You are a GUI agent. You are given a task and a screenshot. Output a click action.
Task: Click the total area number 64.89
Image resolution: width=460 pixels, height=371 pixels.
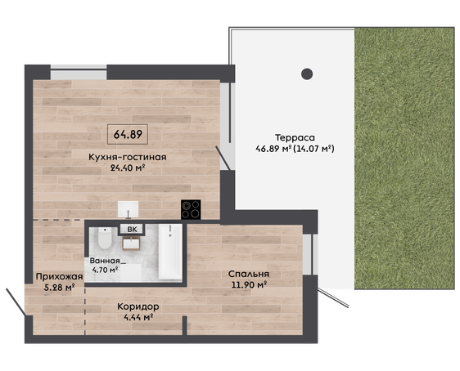128,134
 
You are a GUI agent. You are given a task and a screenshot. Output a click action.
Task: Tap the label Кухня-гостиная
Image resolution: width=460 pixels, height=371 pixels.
128,157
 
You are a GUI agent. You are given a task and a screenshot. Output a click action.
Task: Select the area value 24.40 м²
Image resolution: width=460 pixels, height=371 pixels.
128,168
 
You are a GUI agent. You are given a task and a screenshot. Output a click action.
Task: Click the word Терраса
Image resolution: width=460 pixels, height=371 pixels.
295,137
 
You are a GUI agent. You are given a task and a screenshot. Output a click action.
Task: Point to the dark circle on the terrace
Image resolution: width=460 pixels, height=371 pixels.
307,74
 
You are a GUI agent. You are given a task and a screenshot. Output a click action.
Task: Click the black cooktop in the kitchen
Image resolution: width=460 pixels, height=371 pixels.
191,209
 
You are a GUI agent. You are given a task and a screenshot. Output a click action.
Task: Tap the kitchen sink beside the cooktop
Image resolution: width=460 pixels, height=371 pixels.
128,209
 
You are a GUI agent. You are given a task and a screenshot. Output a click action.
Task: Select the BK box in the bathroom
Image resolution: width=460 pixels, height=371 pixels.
132,230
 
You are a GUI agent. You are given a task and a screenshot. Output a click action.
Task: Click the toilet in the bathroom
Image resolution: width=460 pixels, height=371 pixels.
105,238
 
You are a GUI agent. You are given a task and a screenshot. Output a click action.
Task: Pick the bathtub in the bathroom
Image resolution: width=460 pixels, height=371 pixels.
170,252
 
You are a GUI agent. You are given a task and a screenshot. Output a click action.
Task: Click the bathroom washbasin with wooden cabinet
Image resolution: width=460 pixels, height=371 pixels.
131,244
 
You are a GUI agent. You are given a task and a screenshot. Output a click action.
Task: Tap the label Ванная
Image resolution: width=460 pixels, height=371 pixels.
105,261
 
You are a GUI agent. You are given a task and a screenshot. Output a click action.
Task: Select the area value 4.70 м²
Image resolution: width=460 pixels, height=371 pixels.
105,270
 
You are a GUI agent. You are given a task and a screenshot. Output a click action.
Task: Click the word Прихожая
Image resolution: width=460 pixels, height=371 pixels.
59,276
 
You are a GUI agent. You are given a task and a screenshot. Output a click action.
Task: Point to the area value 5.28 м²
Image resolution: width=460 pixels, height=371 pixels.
59,288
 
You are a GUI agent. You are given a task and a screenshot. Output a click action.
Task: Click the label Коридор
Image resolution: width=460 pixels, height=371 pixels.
138,307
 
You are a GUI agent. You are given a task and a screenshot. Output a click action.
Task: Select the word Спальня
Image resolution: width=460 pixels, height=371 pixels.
249,275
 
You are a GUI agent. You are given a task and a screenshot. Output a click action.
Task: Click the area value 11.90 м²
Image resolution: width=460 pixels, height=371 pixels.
249,284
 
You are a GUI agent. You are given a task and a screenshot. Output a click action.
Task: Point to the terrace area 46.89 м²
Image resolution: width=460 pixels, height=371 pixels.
273,149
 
